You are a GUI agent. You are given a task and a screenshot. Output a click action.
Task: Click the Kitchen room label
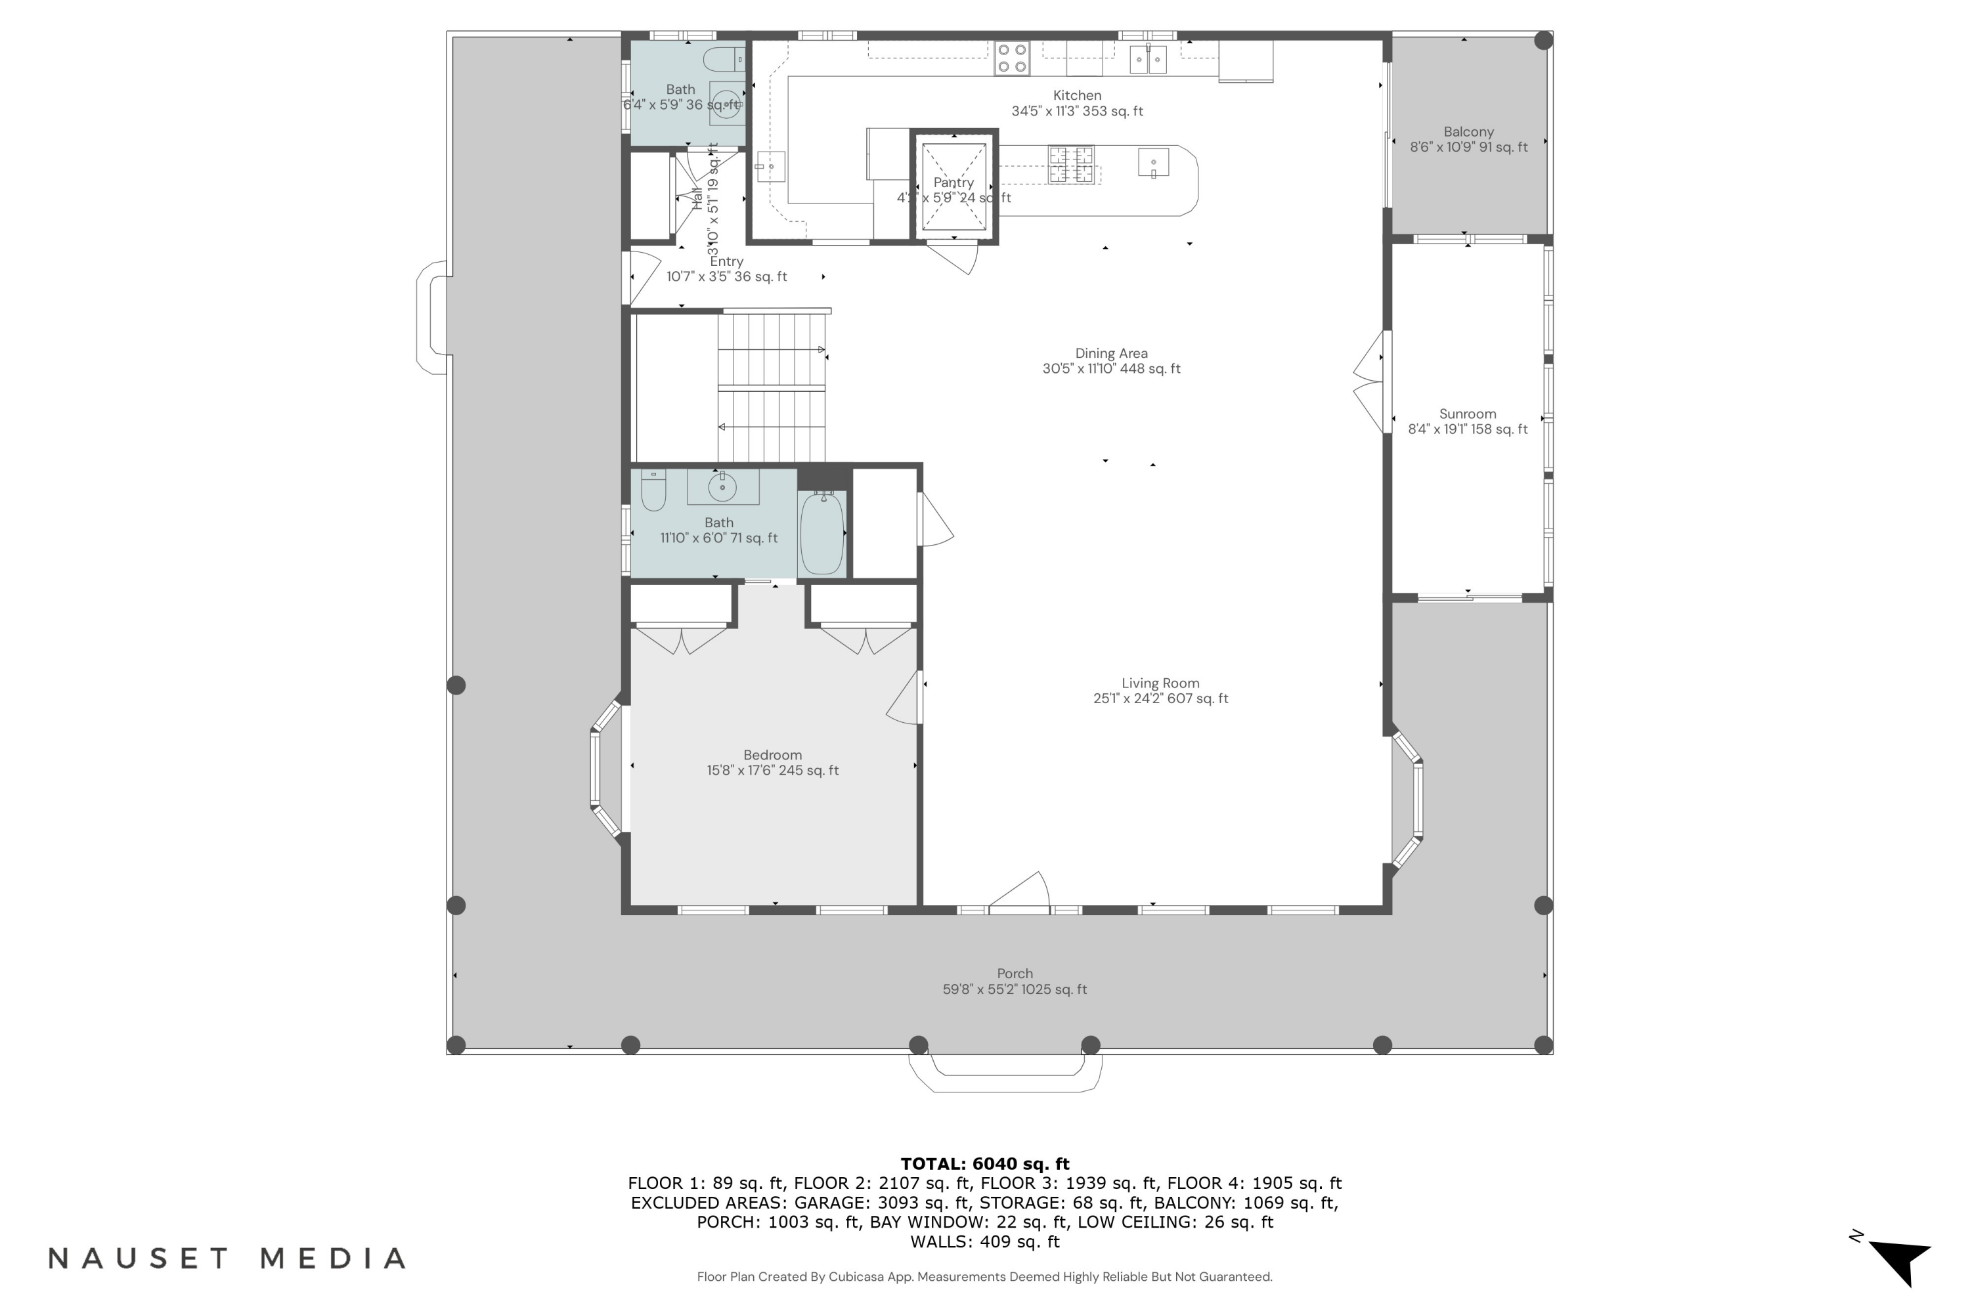[1076, 95]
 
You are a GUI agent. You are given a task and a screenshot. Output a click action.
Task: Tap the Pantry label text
[953, 183]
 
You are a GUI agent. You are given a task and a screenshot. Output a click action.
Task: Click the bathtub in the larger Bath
[821, 533]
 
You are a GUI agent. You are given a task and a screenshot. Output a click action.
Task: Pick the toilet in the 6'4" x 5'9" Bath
[722, 60]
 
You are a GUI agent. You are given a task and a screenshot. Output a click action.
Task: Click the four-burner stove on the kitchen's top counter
[1011, 58]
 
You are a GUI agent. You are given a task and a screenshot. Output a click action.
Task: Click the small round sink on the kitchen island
[1152, 162]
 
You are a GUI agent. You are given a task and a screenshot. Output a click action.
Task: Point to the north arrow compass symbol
[1900, 1261]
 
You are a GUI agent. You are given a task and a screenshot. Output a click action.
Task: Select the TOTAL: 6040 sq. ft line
[984, 1164]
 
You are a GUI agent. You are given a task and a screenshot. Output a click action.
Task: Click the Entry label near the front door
[726, 261]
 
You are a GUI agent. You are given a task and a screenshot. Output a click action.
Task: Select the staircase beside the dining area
[770, 387]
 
